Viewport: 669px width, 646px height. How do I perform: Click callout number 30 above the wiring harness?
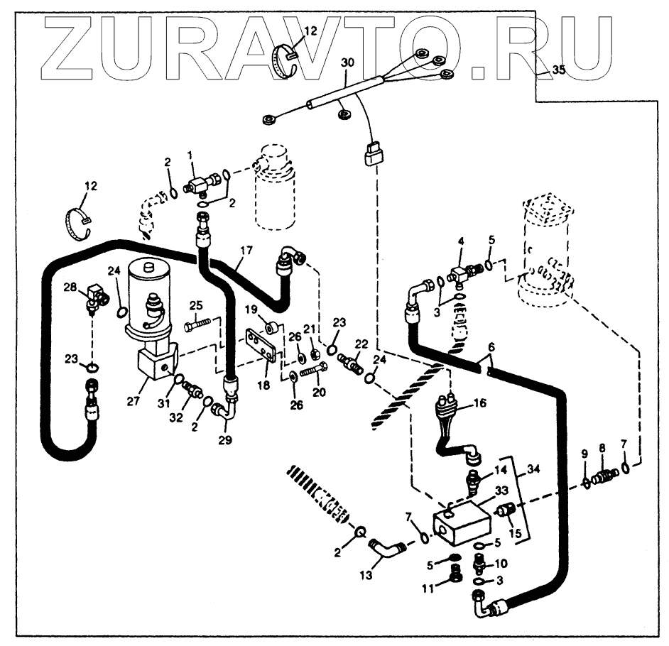tap(347, 63)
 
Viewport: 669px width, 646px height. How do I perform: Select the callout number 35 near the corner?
tap(559, 70)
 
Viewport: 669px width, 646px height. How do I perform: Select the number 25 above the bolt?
tap(196, 305)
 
